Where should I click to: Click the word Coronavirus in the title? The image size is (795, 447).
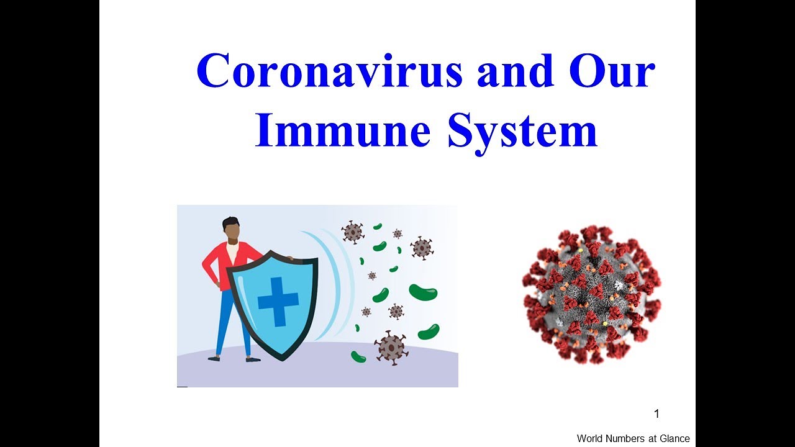coord(330,70)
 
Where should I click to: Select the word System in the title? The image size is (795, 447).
coord(522,133)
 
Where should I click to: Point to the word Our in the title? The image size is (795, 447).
coord(612,70)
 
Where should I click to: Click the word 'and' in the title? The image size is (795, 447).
coord(516,70)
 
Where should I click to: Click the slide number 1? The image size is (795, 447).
coord(656,413)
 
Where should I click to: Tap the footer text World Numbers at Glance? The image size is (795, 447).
coord(633,438)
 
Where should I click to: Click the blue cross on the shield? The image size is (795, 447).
coord(278,302)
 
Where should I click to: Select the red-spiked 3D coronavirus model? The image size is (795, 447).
coord(592,294)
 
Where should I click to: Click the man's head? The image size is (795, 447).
coord(232,230)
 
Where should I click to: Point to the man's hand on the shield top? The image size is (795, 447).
coord(289,258)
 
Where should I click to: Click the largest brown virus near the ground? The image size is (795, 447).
coord(391,348)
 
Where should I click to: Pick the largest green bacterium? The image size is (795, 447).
coord(423,292)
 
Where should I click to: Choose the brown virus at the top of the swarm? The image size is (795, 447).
coord(352,232)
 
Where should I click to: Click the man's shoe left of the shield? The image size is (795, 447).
coord(214,358)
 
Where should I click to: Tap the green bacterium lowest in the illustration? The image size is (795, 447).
coord(358,356)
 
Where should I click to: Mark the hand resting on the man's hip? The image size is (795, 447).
coord(216,284)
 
